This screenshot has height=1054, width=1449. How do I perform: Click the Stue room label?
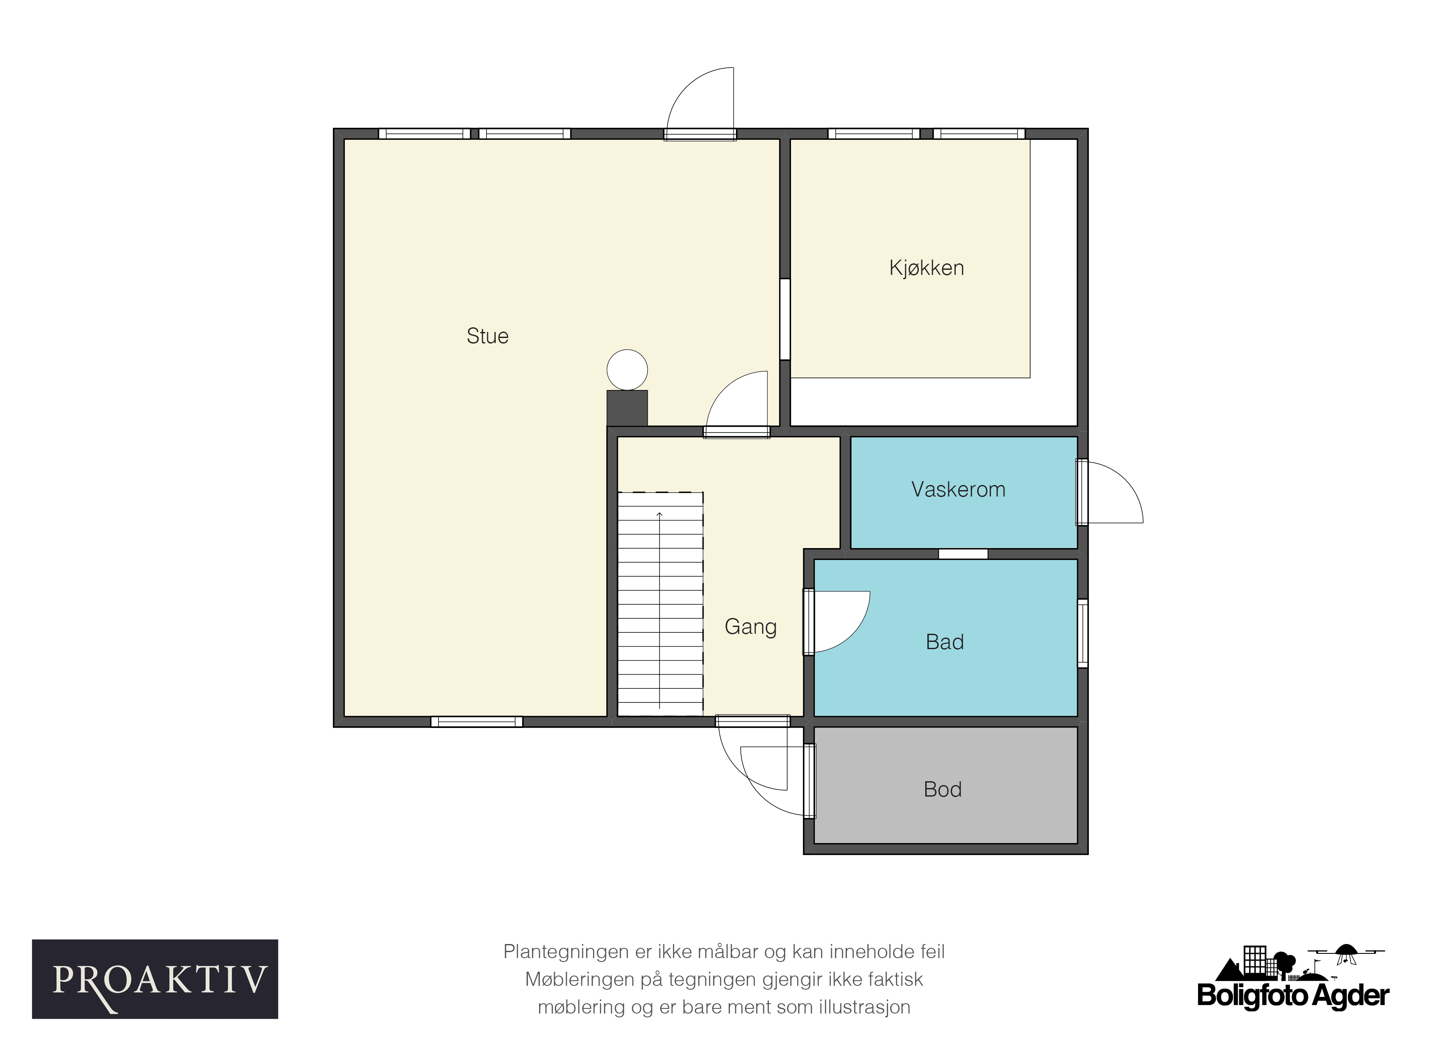pos(488,336)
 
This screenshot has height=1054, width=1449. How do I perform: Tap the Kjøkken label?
pos(927,268)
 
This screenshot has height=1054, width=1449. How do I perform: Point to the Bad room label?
pos(944,642)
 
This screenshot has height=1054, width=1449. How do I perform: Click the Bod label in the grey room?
pos(942,790)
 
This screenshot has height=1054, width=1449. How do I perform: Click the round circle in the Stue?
pos(627,370)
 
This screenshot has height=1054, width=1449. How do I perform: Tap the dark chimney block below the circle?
pos(627,407)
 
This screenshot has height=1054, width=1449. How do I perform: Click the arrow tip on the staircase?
pos(659,513)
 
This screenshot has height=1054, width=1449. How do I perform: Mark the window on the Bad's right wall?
pos(1083,633)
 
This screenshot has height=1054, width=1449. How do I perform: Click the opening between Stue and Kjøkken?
pos(785,319)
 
